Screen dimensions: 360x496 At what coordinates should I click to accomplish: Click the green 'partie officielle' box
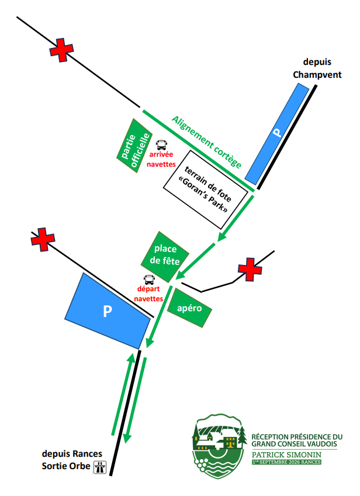(134, 146)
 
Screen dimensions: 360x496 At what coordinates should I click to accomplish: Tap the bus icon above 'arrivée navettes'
(161, 145)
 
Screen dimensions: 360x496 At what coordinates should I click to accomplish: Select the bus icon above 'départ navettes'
(149, 280)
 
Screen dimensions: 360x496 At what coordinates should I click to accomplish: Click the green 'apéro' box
(189, 308)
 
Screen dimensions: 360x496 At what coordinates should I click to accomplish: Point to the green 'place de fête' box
(165, 257)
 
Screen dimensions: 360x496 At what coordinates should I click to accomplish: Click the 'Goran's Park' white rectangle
(206, 190)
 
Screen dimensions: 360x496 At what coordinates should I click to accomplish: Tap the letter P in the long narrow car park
(277, 132)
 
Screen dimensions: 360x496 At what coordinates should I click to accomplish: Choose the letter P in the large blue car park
(108, 311)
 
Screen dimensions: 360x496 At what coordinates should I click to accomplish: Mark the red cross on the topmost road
(61, 50)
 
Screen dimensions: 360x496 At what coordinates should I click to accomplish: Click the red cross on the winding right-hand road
(250, 270)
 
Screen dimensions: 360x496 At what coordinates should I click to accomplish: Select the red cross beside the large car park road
(43, 239)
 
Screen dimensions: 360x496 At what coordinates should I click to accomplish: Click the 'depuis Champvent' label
(317, 68)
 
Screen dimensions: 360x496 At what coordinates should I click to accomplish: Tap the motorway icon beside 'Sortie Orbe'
(100, 467)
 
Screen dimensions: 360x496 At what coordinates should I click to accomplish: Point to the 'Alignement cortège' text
(207, 142)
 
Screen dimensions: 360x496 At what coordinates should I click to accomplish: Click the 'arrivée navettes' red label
(161, 159)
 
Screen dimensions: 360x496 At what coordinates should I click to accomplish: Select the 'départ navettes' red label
(148, 294)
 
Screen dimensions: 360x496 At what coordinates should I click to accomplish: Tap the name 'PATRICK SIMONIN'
(286, 455)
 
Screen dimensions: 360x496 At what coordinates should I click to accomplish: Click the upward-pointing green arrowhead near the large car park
(131, 358)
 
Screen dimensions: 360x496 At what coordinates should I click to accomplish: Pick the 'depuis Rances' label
(72, 454)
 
